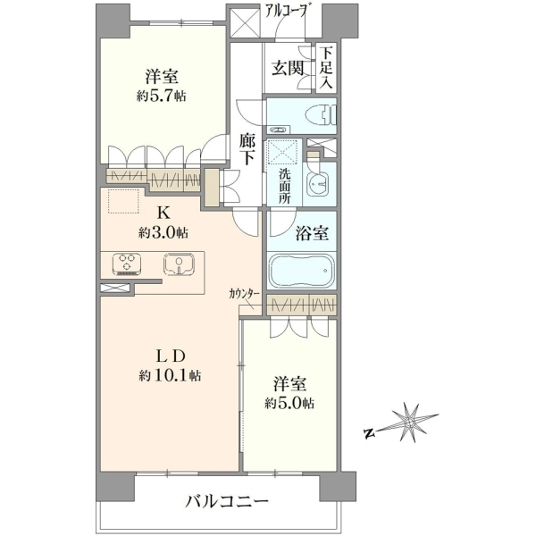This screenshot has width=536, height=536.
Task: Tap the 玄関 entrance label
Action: pyautogui.click(x=288, y=68)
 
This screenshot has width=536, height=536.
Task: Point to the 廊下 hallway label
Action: pyautogui.click(x=247, y=149)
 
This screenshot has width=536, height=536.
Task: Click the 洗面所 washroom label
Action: pyautogui.click(x=284, y=187)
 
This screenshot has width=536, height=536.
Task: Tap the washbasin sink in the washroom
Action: pyautogui.click(x=319, y=184)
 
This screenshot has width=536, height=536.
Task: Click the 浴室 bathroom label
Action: pyautogui.click(x=312, y=234)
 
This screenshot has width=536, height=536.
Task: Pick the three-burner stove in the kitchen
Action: pyautogui.click(x=127, y=264)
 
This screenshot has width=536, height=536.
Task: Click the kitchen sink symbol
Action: pyautogui.click(x=180, y=264)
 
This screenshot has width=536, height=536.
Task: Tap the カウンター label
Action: pyautogui.click(x=245, y=293)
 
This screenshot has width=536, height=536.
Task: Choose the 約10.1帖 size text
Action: pyautogui.click(x=170, y=376)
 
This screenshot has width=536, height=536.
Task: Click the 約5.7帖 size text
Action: pyautogui.click(x=162, y=96)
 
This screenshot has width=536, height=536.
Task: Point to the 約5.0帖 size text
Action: pyautogui.click(x=289, y=404)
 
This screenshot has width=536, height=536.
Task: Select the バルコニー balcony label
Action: pyautogui.click(x=227, y=502)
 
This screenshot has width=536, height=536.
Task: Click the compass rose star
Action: pyautogui.click(x=410, y=423)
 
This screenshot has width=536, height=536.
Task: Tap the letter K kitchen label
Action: pyautogui.click(x=163, y=214)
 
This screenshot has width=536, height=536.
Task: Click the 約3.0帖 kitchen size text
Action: pyautogui.click(x=163, y=233)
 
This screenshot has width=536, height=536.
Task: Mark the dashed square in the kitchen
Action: pyautogui.click(x=124, y=201)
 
